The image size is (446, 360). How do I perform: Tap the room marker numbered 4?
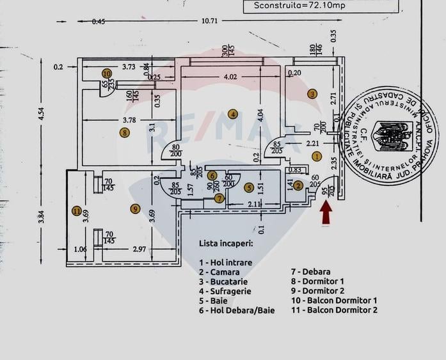click(233, 114)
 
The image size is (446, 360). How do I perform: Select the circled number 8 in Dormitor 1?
click(124, 132)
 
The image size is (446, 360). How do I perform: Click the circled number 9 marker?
click(134, 208)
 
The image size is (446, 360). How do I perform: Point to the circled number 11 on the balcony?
click(77, 211)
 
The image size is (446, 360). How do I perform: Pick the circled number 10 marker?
click(106, 74)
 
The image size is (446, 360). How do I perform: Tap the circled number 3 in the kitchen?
click(312, 93)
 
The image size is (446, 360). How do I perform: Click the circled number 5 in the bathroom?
click(249, 187)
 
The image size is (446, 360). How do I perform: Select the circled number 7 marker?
click(219, 198)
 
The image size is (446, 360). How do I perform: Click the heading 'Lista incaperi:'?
click(226, 244)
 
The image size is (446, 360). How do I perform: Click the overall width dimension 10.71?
click(211, 21)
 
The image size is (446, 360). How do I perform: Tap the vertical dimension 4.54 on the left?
click(42, 113)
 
